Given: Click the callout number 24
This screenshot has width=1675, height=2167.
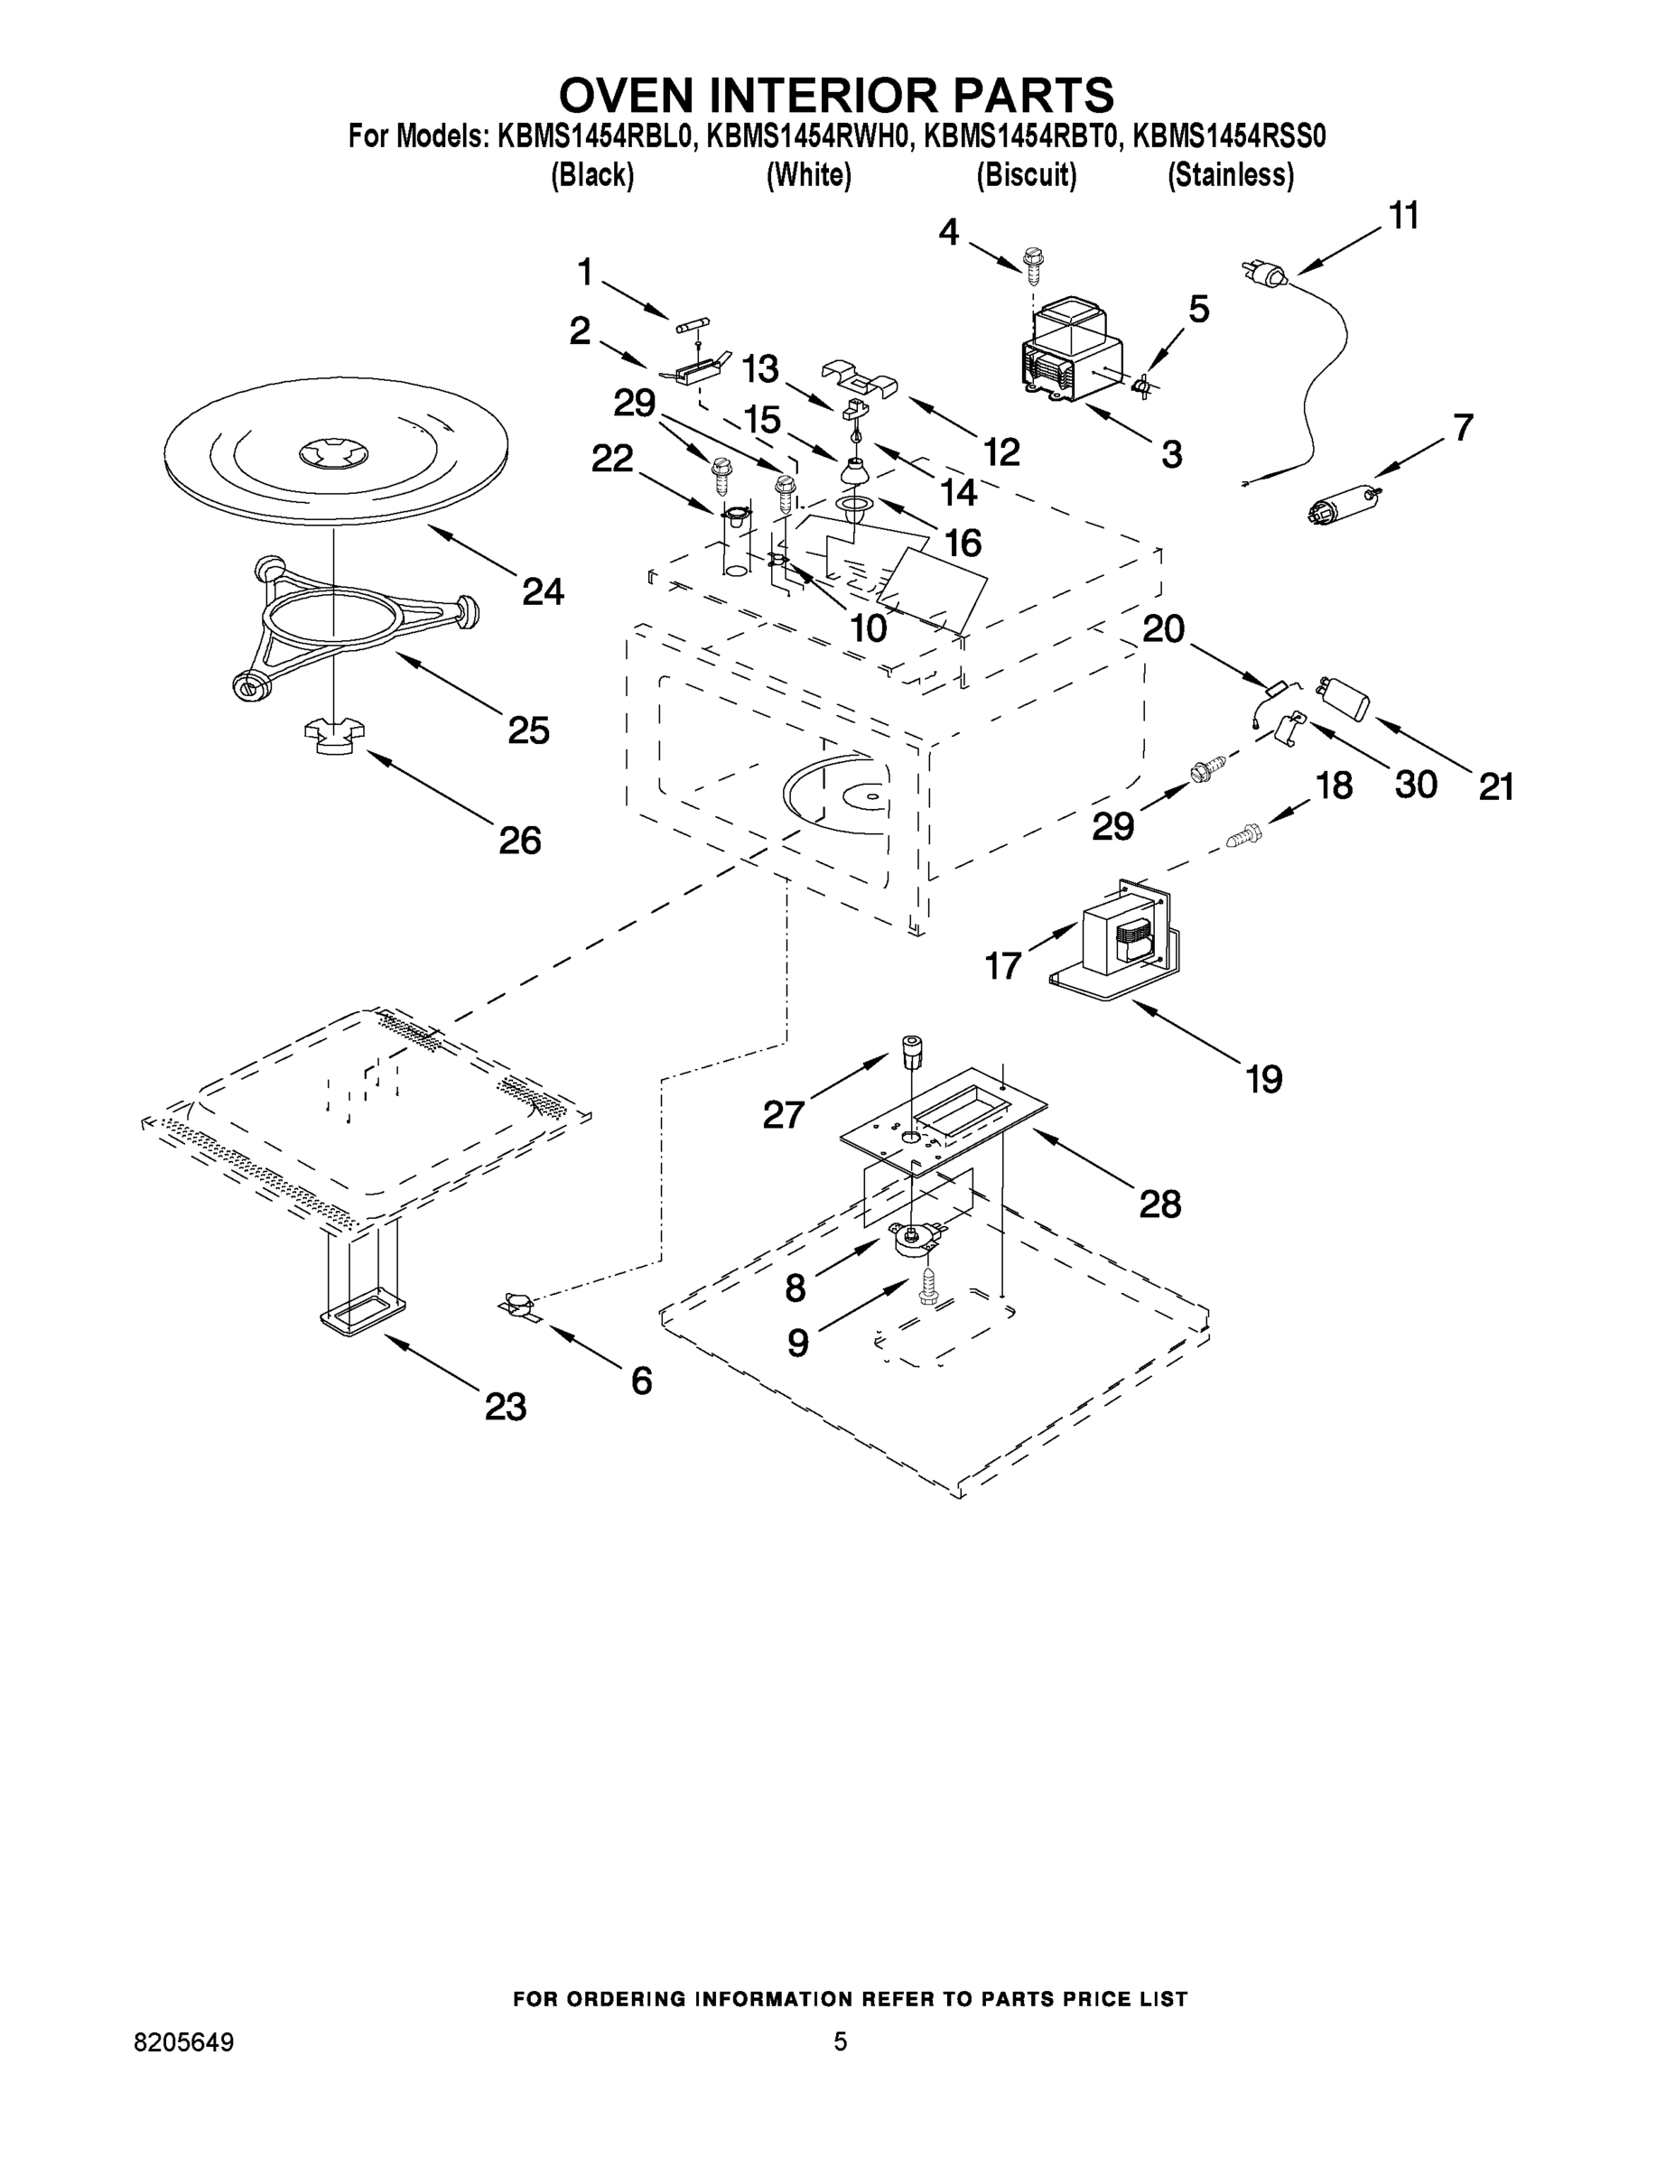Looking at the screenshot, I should pyautogui.click(x=543, y=592).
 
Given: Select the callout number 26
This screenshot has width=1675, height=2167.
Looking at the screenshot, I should pyautogui.click(x=519, y=841).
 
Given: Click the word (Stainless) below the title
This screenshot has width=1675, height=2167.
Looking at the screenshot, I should pyautogui.click(x=1231, y=176).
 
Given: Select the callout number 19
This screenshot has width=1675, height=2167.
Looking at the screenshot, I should pyautogui.click(x=1263, y=1079).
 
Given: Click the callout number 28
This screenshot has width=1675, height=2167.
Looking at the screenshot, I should pyautogui.click(x=1159, y=1204).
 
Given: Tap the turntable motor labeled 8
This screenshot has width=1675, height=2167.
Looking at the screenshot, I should pyautogui.click(x=915, y=1238).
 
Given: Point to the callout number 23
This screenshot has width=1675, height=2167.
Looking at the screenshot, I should pyautogui.click(x=505, y=1406).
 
